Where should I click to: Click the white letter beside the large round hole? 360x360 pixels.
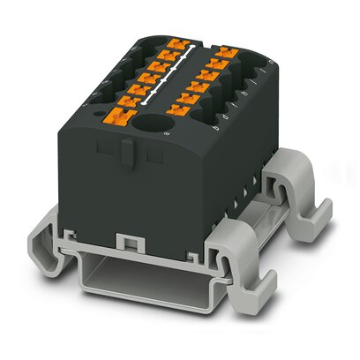click(167, 131)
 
